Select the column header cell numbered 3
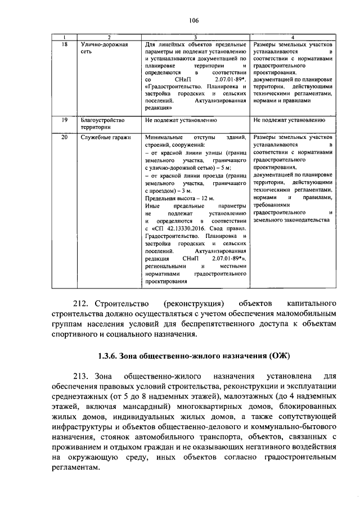coord(195,37)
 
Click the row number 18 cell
coord(64,44)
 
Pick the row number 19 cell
coord(64,120)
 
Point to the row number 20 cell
coord(64,137)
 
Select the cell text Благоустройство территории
coord(102,124)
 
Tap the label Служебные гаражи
coord(106,137)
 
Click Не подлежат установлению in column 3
coord(181,120)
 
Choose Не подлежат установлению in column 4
coord(289,120)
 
